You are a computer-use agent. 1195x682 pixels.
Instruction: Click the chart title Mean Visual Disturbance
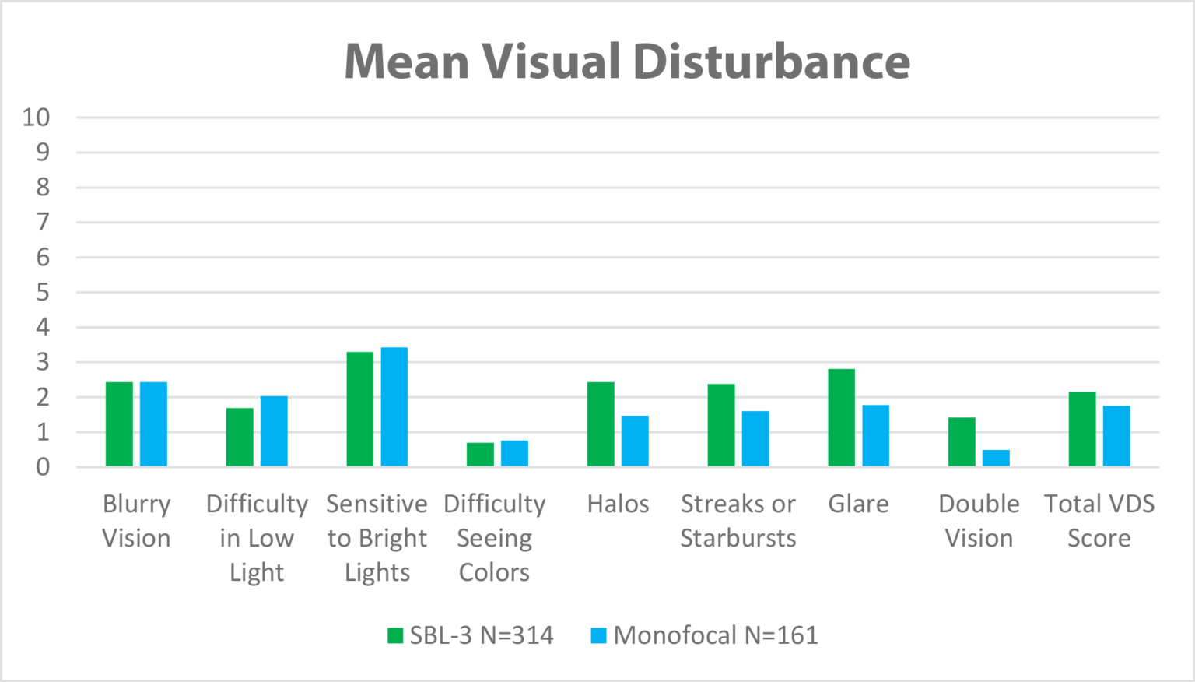click(x=627, y=62)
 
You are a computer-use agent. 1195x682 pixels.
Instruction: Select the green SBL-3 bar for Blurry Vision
click(x=119, y=424)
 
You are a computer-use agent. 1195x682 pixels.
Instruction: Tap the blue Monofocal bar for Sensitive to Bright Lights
click(x=394, y=406)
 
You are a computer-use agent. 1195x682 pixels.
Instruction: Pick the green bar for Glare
click(x=842, y=417)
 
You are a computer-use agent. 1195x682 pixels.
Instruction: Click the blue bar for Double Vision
click(x=996, y=458)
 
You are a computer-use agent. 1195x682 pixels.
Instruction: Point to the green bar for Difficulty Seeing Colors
click(x=480, y=455)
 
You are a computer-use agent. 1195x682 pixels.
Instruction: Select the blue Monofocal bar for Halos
click(x=635, y=441)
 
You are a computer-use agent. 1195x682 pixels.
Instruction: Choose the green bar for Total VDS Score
click(x=1082, y=428)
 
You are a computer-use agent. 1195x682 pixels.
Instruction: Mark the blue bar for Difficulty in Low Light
click(x=274, y=431)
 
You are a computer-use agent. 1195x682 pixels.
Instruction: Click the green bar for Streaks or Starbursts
click(x=721, y=424)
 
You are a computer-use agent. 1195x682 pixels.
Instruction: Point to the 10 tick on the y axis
click(x=36, y=118)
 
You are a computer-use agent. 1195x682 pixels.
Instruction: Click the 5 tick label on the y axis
click(x=43, y=293)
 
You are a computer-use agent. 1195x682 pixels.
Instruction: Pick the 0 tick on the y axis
click(x=43, y=467)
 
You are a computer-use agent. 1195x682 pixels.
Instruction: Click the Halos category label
click(x=618, y=504)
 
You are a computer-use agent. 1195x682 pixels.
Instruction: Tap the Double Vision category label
click(x=979, y=521)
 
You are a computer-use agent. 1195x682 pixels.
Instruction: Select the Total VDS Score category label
click(x=1099, y=521)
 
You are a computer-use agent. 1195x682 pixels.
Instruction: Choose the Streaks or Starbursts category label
click(x=738, y=521)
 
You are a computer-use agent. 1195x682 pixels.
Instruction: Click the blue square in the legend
click(x=598, y=635)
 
